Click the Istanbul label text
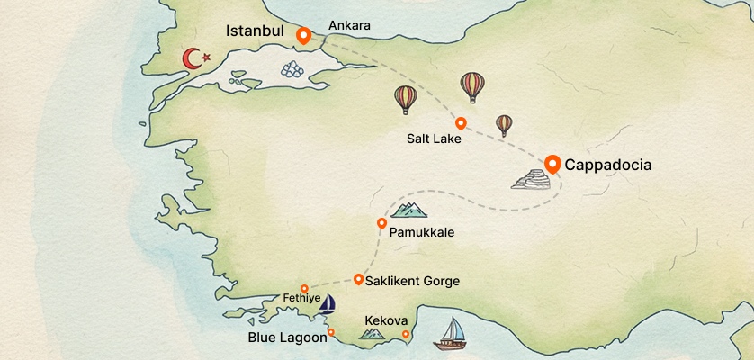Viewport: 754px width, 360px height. [255, 31]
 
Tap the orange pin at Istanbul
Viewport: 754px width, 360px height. [303, 36]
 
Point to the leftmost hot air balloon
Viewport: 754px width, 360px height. [406, 98]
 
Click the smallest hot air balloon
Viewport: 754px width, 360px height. [504, 124]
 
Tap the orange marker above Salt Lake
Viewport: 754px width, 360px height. [461, 123]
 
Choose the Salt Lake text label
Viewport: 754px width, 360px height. [434, 139]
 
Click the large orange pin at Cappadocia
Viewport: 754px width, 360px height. [552, 164]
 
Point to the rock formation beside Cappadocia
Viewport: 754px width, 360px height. [529, 180]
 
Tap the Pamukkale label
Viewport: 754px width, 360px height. [422, 232]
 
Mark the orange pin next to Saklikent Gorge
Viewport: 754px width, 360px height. [359, 279]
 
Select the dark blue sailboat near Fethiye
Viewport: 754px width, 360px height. [328, 303]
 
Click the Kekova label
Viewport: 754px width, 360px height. [387, 320]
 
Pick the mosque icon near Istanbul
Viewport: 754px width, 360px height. [293, 67]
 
